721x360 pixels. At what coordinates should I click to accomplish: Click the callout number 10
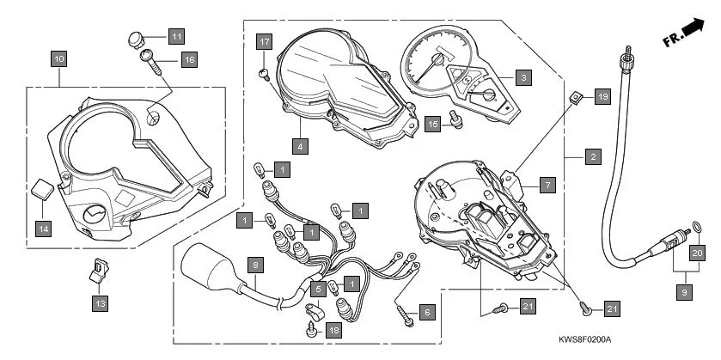[x=58, y=59]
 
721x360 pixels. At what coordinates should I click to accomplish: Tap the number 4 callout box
[x=299, y=146]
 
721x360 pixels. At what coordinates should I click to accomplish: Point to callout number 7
[x=547, y=184]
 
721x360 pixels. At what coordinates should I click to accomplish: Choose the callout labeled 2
[x=592, y=157]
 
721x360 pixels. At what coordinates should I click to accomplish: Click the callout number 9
[x=684, y=293]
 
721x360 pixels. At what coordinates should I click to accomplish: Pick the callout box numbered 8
[x=254, y=266]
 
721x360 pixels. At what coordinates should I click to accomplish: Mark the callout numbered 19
[x=601, y=98]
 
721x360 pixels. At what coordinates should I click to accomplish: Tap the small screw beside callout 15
[x=457, y=122]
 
